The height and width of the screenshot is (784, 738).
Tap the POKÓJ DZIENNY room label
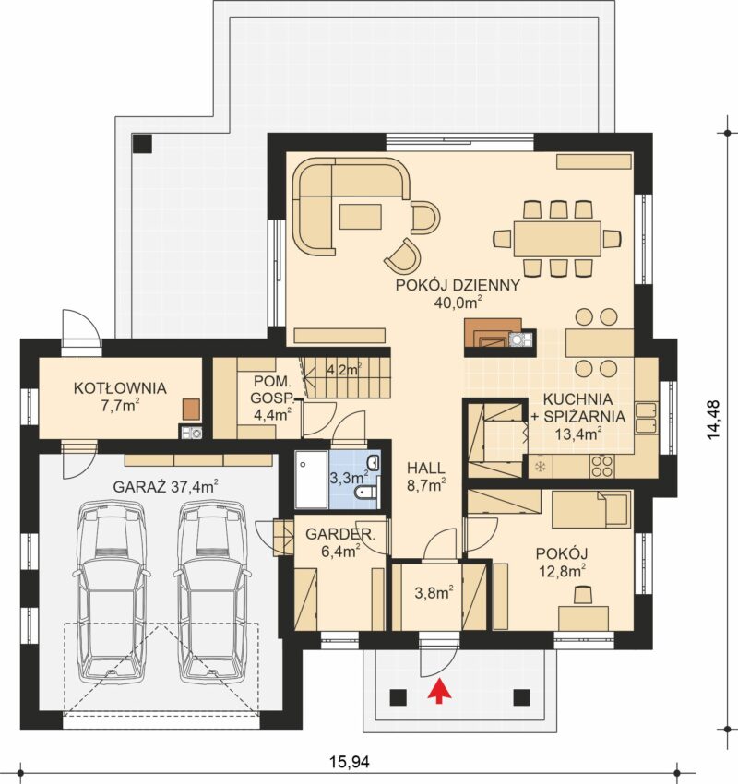(x=458, y=286)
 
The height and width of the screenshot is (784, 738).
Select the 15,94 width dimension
(x=349, y=762)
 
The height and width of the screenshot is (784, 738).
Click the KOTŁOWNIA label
(x=120, y=388)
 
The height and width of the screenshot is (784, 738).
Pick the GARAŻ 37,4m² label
(x=165, y=486)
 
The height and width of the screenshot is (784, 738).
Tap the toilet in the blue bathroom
(x=366, y=493)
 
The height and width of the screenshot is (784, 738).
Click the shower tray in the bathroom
(x=311, y=479)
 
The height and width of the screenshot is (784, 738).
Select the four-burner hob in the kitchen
(x=602, y=466)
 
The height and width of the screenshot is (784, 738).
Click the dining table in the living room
(x=556, y=239)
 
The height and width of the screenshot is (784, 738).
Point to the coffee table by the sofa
(x=361, y=217)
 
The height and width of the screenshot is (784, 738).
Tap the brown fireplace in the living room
(x=493, y=332)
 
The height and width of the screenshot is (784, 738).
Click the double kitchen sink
(x=647, y=418)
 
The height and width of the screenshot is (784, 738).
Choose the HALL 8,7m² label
(x=426, y=477)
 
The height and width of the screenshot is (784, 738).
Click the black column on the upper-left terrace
(x=142, y=144)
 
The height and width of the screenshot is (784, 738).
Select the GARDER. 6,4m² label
(x=340, y=542)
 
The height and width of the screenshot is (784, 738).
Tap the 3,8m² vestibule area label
(x=434, y=592)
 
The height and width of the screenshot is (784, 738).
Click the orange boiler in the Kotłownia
(x=191, y=409)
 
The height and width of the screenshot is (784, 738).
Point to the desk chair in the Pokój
(x=582, y=595)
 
